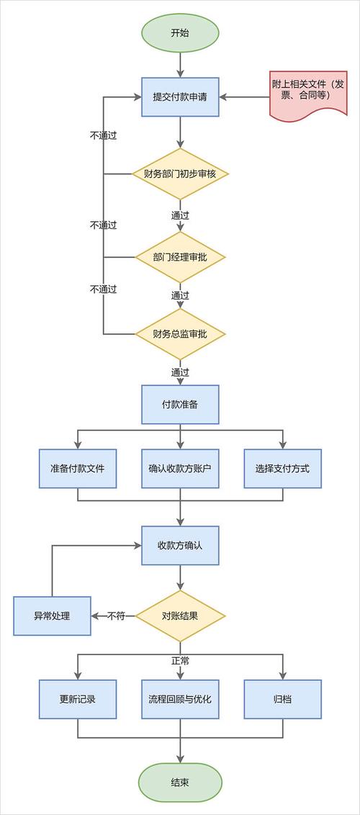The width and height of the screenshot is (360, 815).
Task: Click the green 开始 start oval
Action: coord(180,33)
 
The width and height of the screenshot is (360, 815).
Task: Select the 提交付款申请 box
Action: coord(180,96)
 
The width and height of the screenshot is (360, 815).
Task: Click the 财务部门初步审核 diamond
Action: coord(180,174)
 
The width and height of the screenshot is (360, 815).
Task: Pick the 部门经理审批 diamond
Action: coord(180,257)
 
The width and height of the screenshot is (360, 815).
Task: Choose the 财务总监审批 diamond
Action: coord(180,334)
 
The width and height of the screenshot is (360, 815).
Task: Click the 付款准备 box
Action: coord(180,405)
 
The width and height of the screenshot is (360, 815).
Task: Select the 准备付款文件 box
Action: coord(78,468)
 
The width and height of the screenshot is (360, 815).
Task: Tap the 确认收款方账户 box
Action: coord(180,468)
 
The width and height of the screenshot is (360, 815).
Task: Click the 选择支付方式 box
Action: coord(282,468)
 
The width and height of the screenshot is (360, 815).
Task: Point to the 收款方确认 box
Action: coord(180,545)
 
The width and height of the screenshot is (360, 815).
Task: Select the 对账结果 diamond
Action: coord(180,616)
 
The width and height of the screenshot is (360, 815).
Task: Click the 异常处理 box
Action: coord(53,616)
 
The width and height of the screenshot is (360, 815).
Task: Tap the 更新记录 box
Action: coord(78,699)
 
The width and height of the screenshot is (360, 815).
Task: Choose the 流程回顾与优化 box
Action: coord(180,699)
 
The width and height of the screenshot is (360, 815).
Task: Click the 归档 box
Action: coord(282,699)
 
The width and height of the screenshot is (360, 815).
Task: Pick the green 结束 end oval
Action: coord(180,783)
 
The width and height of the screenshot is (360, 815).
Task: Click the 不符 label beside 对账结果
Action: coord(117,616)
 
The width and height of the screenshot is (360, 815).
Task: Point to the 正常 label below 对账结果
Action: coord(180,660)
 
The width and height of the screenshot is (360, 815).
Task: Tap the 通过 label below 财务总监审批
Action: coord(180,372)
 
